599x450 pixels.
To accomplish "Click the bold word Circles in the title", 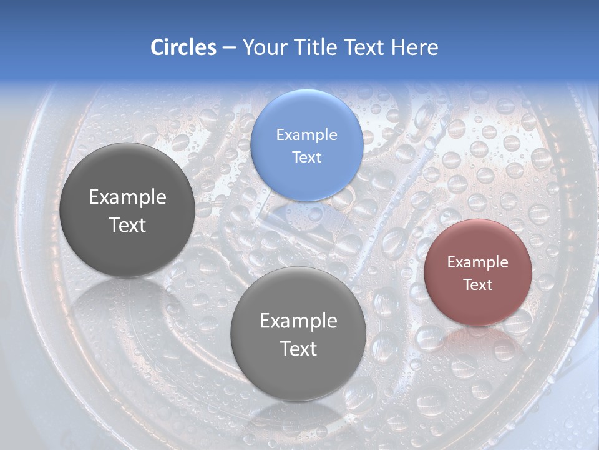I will tap(183, 47).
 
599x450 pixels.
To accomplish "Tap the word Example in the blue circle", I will tap(306, 134).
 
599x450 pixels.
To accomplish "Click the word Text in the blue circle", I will tap(306, 157).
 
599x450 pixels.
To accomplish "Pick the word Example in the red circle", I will tap(477, 262).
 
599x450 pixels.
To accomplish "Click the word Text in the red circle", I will tap(477, 284).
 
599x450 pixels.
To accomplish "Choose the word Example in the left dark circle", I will tap(127, 197).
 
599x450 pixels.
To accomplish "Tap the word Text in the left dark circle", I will tap(127, 225).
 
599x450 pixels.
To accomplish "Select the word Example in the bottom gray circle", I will tap(298, 321).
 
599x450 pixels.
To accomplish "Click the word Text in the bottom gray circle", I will tap(298, 349).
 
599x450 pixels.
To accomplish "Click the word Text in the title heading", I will tap(364, 47).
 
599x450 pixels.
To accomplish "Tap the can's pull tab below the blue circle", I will tap(293, 219).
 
